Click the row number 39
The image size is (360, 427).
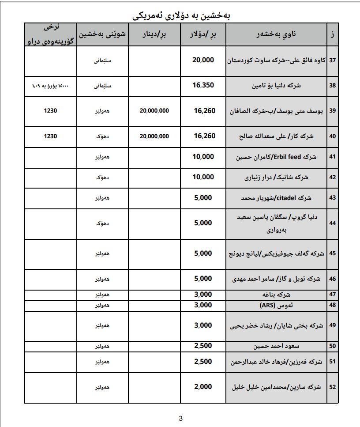click(332, 111)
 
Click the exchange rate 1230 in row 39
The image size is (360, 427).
click(51, 111)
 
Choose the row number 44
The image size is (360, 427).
click(332, 223)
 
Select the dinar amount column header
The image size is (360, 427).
click(154, 34)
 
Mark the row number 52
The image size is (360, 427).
click(332, 387)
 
